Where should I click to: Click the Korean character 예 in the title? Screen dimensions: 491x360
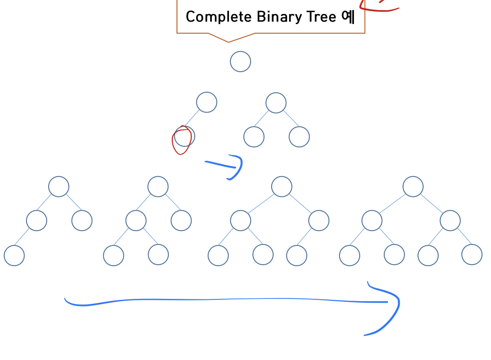coord(348,17)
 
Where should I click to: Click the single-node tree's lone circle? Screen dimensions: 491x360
coord(240,62)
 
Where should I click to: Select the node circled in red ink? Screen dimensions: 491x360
coord(185,137)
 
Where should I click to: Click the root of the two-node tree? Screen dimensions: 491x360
coord(207,102)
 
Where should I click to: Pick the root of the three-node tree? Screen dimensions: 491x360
coord(276,103)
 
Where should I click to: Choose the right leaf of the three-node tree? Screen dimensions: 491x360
coord(299,137)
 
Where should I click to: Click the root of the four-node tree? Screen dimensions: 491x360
coord(59,186)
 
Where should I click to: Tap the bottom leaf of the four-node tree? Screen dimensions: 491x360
coord(14,255)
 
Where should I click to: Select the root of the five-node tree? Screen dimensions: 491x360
coord(158,186)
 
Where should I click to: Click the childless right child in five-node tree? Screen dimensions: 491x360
coord(181,220)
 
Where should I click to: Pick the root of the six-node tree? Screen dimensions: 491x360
coord(282,186)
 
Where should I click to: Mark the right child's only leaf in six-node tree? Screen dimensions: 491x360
coord(297,255)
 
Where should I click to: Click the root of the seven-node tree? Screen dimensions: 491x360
coord(413,186)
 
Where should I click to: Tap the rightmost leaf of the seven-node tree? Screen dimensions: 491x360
coord(472,255)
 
